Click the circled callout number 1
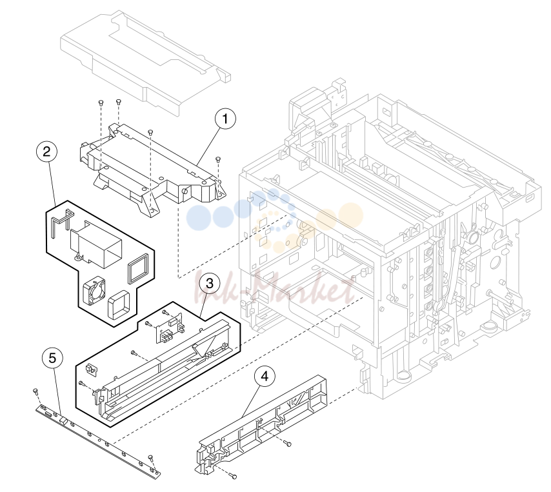coord(225,119)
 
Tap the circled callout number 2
coord(46,152)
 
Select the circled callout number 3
coord(210,283)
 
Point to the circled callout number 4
coord(265,376)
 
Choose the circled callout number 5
coord(52,359)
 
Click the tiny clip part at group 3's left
coord(92,369)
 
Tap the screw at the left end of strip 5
coord(35,391)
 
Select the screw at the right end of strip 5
coord(151,457)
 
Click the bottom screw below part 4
coord(233,476)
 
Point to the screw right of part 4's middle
coord(288,444)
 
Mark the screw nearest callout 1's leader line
coord(218,159)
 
